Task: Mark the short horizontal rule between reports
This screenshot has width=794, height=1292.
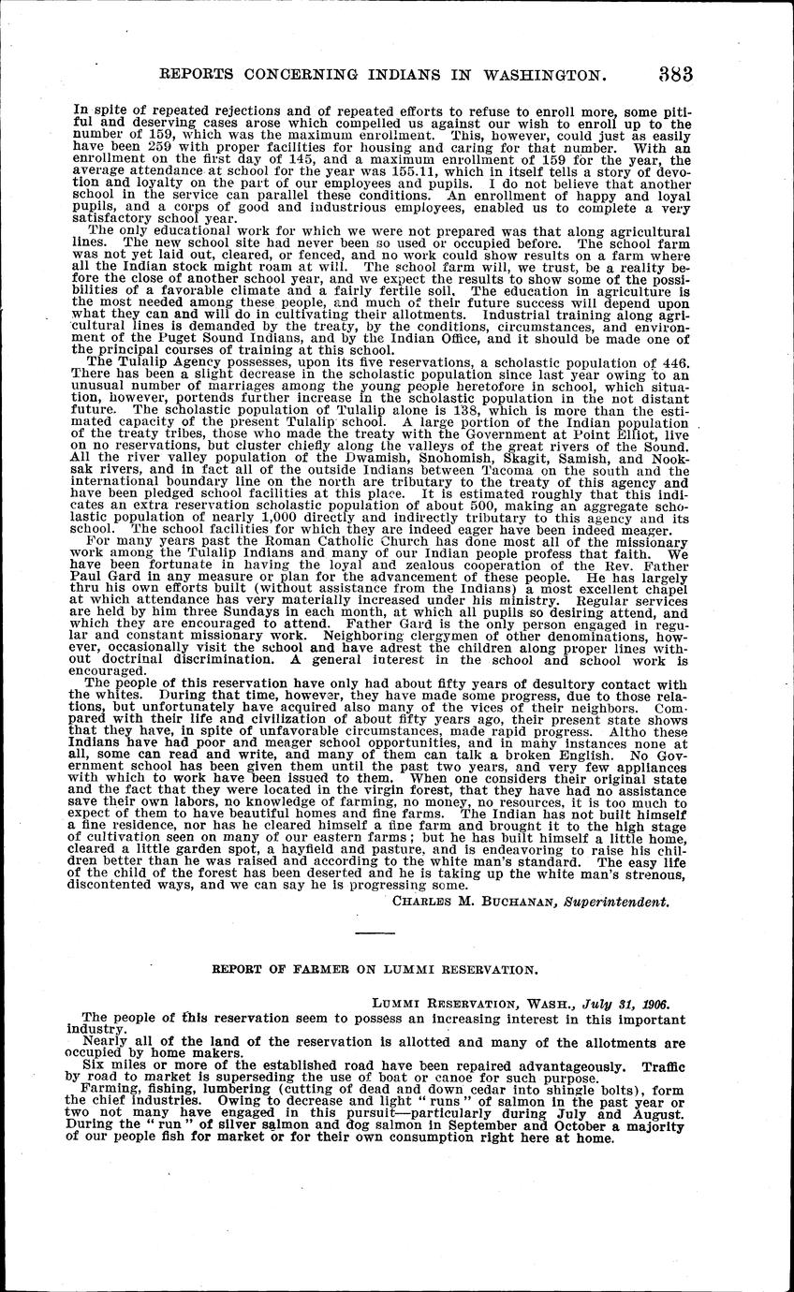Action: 375,934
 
